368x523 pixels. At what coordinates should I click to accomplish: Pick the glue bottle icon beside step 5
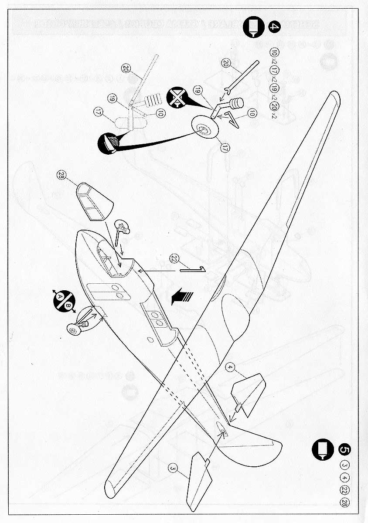point(322,448)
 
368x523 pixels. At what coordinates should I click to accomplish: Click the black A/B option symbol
point(63,301)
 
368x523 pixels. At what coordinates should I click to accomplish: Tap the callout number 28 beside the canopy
point(61,175)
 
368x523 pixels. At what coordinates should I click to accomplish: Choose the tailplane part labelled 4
point(249,391)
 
